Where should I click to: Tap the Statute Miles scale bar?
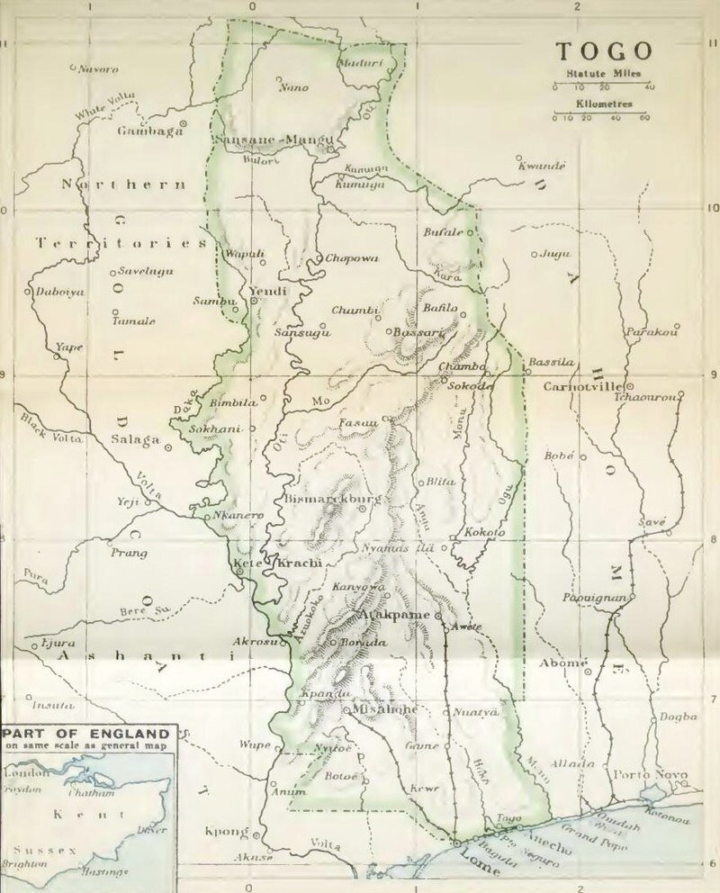tap(602, 86)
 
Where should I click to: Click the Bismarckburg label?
tap(320, 498)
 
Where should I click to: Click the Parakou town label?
tap(652, 332)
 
